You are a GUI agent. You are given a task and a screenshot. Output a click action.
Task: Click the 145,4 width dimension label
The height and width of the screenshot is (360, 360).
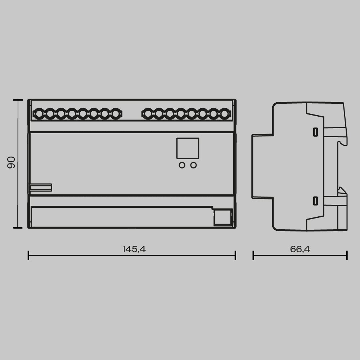click(134, 249)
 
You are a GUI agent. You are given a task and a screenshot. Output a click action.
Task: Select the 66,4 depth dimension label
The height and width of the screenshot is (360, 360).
click(300, 249)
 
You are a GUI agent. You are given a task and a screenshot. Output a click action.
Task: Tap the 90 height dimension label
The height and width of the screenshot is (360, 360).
click(11, 163)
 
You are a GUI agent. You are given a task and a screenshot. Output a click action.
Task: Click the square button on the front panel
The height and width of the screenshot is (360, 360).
click(188, 148)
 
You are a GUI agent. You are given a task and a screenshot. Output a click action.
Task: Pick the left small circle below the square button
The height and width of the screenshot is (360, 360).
click(182, 165)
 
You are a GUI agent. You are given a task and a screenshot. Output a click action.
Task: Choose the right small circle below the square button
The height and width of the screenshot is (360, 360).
click(194, 165)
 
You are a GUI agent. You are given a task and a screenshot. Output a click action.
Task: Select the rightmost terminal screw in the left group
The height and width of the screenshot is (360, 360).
click(115, 114)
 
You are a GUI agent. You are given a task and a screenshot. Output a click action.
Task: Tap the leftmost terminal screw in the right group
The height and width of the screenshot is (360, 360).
click(148, 114)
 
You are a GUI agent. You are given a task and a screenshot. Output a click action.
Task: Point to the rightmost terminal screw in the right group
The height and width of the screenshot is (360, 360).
click(224, 114)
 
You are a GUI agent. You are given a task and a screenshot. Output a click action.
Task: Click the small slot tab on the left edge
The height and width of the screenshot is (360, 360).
click(41, 187)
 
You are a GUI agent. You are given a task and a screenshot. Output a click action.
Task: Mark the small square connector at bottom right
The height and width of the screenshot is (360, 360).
click(222, 218)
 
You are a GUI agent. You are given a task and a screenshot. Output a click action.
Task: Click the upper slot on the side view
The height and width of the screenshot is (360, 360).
click(315, 132)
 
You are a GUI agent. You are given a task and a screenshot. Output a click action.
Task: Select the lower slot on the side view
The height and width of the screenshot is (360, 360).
click(315, 201)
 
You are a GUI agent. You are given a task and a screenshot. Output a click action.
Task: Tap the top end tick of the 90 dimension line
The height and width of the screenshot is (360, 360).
click(18, 100)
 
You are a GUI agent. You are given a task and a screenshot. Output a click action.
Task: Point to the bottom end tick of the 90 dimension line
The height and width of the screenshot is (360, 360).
click(18, 228)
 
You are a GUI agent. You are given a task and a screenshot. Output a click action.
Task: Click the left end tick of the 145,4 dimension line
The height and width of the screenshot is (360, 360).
click(28, 256)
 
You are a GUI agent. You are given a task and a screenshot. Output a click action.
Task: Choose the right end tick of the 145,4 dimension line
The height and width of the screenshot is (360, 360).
click(235, 256)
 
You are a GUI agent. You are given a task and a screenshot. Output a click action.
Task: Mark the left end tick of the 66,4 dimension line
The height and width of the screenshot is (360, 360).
click(253, 256)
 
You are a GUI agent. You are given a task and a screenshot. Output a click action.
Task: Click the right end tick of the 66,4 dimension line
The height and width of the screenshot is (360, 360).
click(347, 256)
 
